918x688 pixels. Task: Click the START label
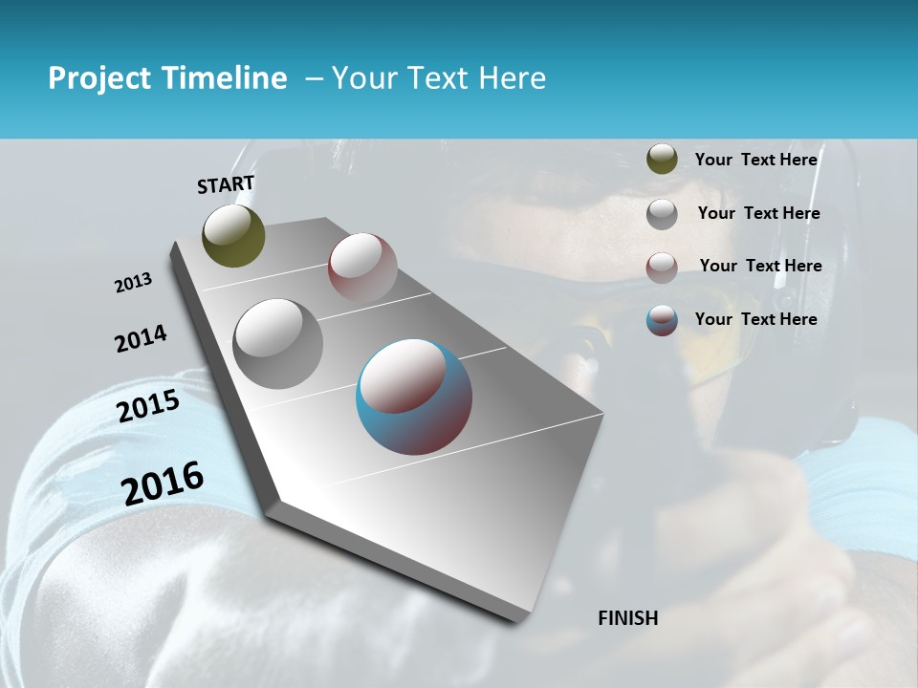(226, 184)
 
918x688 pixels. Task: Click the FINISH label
(627, 618)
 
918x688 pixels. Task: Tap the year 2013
(134, 283)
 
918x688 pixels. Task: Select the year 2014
(141, 338)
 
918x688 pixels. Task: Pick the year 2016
(163, 484)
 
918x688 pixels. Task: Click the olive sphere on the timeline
(233, 235)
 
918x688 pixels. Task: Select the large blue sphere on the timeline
(414, 397)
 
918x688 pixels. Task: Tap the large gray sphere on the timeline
(278, 343)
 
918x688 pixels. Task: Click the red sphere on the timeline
(362, 268)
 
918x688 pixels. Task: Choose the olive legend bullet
(662, 160)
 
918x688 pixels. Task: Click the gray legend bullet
(662, 214)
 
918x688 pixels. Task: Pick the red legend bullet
(662, 268)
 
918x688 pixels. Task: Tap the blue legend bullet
(662, 320)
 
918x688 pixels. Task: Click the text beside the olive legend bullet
(755, 160)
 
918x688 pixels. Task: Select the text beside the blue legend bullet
(755, 319)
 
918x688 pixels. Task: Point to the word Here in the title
(512, 78)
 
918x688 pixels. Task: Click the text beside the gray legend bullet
(758, 213)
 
